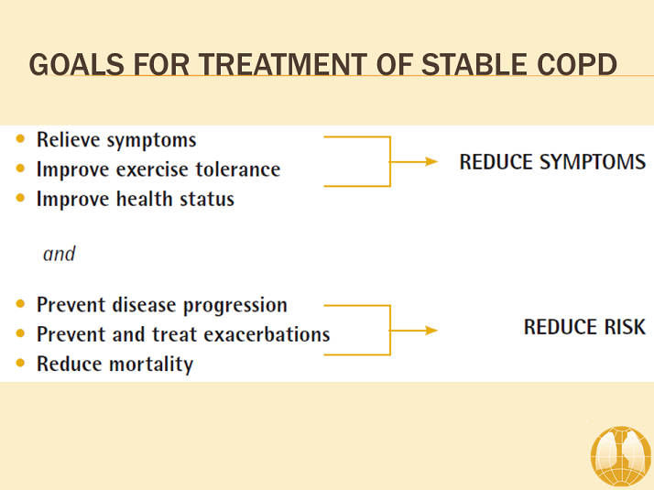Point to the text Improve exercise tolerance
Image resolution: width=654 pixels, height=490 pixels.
158,169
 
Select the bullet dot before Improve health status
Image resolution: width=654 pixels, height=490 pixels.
21,199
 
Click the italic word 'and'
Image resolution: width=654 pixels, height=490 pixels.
59,254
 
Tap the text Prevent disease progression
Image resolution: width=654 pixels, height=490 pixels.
161,305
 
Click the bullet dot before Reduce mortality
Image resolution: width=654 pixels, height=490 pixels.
21,364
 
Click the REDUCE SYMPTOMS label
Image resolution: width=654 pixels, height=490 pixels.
552,162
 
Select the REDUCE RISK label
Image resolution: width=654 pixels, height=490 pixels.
583,327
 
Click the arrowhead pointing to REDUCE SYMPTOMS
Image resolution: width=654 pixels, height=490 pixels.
431,162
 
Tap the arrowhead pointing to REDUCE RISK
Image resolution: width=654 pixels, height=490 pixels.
431,330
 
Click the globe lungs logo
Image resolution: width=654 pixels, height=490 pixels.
620,454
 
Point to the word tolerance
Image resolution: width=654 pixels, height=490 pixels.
237,169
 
